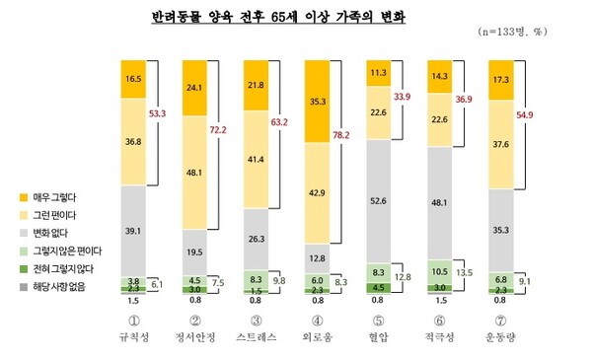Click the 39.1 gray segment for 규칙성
point(132,229)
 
